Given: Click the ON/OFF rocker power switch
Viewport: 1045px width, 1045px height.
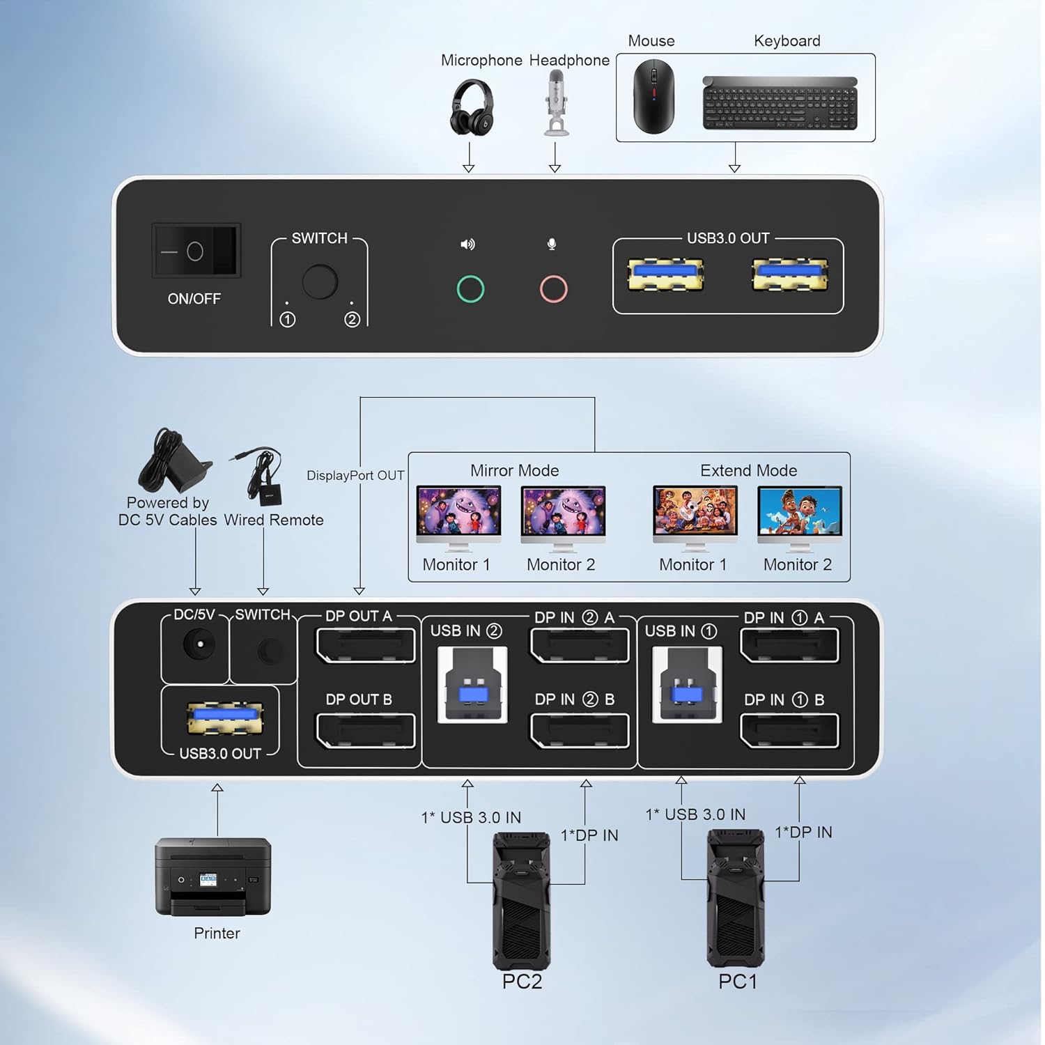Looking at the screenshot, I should tap(196, 251).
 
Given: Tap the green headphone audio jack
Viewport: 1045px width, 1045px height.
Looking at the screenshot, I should tap(470, 288).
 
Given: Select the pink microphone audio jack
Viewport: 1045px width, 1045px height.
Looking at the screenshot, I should tap(554, 288).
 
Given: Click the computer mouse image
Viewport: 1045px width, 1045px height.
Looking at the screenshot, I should tap(653, 96).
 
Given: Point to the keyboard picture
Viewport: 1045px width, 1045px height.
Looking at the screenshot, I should tap(780, 103).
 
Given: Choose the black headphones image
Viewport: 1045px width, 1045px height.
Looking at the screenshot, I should tap(472, 107).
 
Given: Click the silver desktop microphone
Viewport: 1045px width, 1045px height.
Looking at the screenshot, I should tap(556, 102).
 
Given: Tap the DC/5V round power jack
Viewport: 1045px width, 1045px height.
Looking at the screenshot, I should tap(199, 644).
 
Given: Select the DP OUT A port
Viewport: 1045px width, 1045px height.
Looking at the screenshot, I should tap(365, 645).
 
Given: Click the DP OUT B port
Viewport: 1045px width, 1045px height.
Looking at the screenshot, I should tap(365, 729).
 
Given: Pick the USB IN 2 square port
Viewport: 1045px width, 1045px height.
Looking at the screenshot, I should tap(472, 685).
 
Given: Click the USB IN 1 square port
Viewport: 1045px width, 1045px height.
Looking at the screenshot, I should tap(687, 685).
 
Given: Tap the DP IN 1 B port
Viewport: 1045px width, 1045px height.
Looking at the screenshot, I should tap(789, 729).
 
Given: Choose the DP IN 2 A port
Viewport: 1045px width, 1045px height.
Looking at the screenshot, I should tap(580, 645).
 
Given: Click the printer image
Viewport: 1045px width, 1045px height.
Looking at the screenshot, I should tap(213, 876).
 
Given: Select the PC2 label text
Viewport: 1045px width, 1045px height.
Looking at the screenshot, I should tap(522, 982).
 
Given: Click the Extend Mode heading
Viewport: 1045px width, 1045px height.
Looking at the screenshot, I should tap(748, 470).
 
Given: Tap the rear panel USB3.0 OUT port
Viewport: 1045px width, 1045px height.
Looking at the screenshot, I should tap(225, 718).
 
